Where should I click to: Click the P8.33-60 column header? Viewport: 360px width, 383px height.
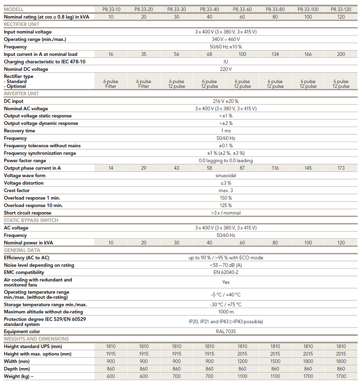[x=242, y=9]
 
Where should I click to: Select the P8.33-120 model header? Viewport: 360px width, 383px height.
[x=341, y=9]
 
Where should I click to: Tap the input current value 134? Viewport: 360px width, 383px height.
[x=275, y=54]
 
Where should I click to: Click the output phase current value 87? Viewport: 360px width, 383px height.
[x=242, y=168]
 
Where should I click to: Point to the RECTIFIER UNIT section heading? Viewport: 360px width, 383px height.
[x=21, y=24]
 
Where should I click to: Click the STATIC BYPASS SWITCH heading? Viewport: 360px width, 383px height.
[x=31, y=220]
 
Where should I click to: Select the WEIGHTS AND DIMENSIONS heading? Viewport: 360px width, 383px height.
[x=36, y=339]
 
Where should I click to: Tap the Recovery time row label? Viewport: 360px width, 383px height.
[x=20, y=131]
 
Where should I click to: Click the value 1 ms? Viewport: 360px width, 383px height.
[x=226, y=131]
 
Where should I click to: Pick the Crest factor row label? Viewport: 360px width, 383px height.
[x=17, y=191]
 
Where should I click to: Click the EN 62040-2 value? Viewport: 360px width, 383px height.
[x=226, y=272]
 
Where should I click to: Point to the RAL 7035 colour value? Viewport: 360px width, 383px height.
[x=226, y=331]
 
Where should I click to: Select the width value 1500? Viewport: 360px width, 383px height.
[x=275, y=361]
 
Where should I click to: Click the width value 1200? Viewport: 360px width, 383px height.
[x=242, y=361]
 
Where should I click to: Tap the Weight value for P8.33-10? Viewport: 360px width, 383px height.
[x=111, y=376]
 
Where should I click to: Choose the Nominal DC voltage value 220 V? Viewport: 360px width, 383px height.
[x=226, y=69]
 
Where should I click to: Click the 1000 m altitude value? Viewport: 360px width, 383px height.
[x=226, y=312]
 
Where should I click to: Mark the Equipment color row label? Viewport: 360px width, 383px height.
[x=22, y=331]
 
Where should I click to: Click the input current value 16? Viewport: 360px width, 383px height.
[x=111, y=54]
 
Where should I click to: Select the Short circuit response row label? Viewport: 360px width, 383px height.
[x=28, y=213]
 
